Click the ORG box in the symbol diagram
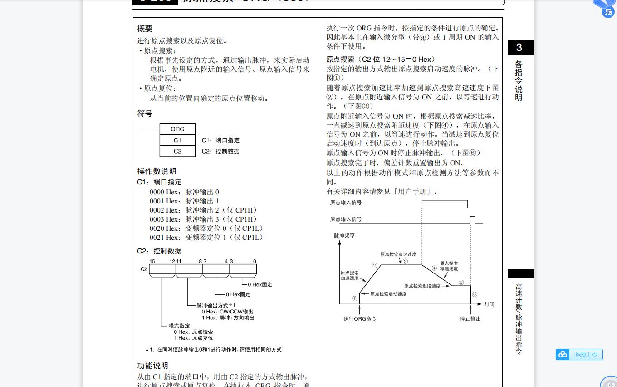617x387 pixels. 177,129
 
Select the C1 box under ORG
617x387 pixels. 177,140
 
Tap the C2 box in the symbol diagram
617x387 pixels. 177,151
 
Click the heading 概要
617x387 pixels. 145,29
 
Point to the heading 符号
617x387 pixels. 145,114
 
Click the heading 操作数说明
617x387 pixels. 157,171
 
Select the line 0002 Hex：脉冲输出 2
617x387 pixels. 203,210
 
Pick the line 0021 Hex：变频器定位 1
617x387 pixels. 206,238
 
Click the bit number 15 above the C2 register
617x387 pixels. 152,261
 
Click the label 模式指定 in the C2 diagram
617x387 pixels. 179,326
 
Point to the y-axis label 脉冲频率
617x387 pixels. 344,236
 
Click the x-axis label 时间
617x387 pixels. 489,304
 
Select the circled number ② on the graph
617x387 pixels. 374,266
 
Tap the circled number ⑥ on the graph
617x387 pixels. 475,294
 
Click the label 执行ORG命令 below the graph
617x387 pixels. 360,319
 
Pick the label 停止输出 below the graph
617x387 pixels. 470,319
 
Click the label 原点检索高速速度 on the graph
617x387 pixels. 398,254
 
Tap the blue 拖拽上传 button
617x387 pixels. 579,354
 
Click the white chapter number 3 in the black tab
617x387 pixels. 519,48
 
